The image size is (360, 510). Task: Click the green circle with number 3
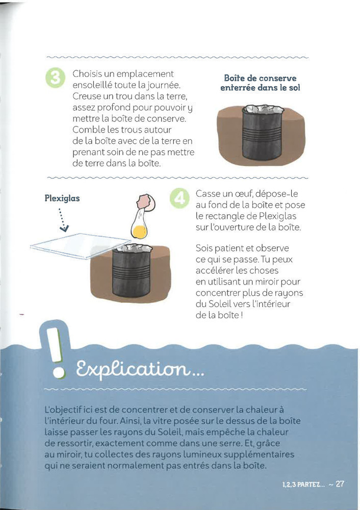pos(55,78)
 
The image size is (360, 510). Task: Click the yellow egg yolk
pos(140,232)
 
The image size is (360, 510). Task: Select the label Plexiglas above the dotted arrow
pos(62,198)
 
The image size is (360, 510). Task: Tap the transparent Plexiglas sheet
pos(80,246)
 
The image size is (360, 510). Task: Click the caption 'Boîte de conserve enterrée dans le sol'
pos(260,83)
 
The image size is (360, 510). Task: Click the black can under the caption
pos(262,133)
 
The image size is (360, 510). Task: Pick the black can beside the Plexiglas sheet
pos(132,271)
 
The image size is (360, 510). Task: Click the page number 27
pos(340,484)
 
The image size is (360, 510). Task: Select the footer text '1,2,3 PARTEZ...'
pos(303,484)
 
